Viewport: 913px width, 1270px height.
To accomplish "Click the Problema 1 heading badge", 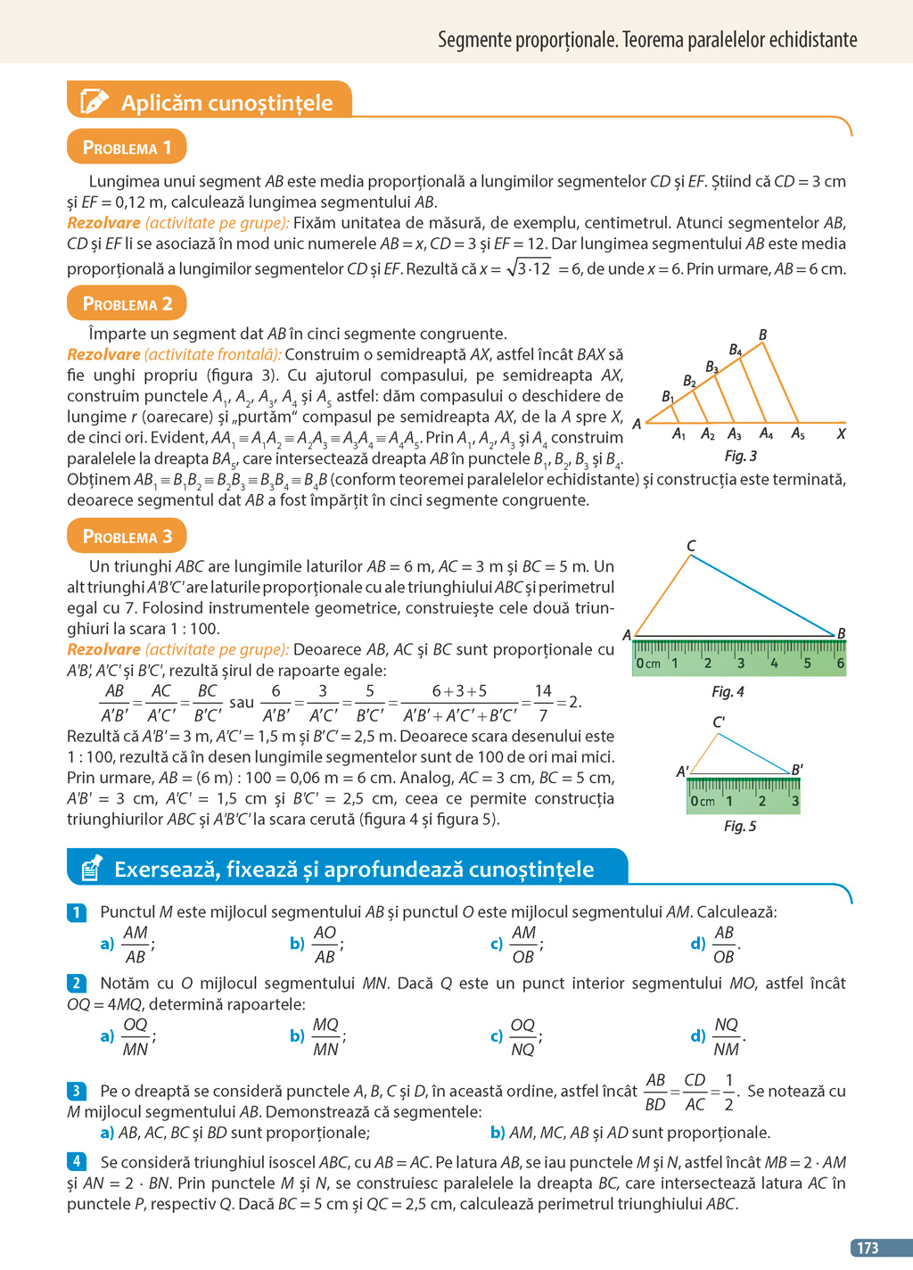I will (x=127, y=147).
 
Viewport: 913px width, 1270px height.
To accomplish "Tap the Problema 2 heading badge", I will (x=127, y=303).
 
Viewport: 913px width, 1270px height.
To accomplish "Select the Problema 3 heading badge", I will (x=127, y=536).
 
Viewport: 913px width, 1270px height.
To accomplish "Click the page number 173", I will (x=868, y=1248).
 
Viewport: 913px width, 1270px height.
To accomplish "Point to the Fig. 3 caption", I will (x=740, y=456).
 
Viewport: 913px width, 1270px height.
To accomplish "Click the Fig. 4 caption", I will (x=728, y=691).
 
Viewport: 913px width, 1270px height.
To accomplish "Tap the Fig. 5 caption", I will (x=740, y=826).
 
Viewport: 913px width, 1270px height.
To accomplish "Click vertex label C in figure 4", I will (x=691, y=546).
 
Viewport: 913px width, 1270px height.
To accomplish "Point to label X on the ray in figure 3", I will (x=841, y=434).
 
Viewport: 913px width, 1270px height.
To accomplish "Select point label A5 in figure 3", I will (x=798, y=434).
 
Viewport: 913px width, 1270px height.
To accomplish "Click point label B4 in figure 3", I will (x=736, y=350).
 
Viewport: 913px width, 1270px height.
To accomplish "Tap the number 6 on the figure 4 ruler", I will (x=840, y=664).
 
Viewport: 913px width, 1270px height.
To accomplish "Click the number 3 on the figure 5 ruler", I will (x=794, y=801).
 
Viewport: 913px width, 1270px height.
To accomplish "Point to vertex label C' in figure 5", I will (x=719, y=722).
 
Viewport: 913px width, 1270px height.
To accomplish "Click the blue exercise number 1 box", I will (x=77, y=912).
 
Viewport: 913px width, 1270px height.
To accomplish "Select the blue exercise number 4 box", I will (x=77, y=1161).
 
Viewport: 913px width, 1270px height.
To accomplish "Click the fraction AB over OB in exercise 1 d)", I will (x=724, y=944).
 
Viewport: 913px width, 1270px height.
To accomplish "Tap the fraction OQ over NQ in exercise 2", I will (x=522, y=1037).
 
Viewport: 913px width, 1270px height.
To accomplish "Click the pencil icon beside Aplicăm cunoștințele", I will (x=95, y=102).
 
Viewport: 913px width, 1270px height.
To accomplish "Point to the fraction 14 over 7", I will (x=543, y=703).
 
